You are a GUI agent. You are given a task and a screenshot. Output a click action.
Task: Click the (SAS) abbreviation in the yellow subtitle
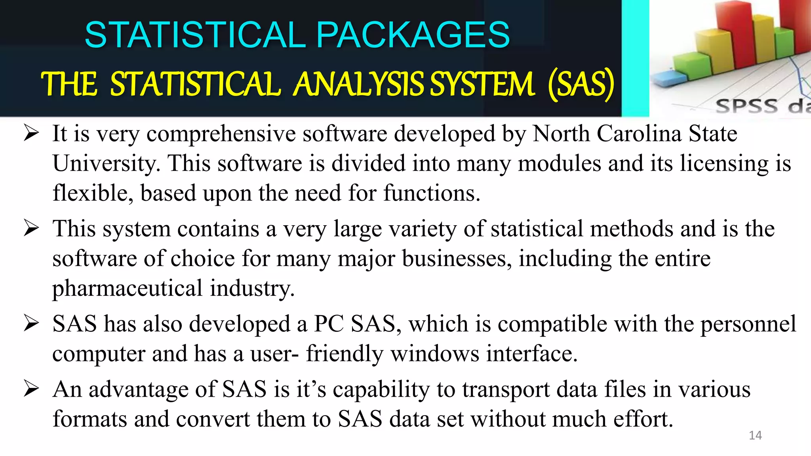(581, 84)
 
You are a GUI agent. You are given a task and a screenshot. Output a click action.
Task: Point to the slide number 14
(755, 435)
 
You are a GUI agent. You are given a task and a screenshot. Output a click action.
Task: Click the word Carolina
(639, 133)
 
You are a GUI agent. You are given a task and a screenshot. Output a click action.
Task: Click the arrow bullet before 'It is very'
(31, 133)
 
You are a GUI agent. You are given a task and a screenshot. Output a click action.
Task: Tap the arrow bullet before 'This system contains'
(31, 228)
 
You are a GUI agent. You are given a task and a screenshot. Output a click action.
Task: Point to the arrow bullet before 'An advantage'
(31, 388)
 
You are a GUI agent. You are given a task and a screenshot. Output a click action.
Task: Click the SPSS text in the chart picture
(746, 106)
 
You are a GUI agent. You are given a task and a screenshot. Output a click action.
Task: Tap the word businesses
(457, 259)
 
